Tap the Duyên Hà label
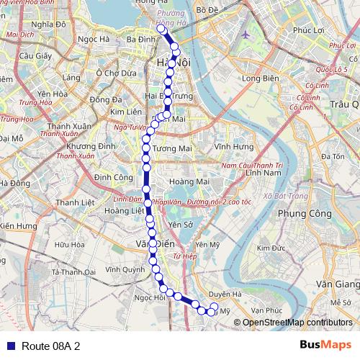click(x=225, y=294)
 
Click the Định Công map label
click(x=112, y=176)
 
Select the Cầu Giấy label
click(x=34, y=55)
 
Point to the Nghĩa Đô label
click(x=49, y=23)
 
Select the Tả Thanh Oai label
click(x=74, y=272)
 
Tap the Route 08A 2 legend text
click(x=50, y=346)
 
